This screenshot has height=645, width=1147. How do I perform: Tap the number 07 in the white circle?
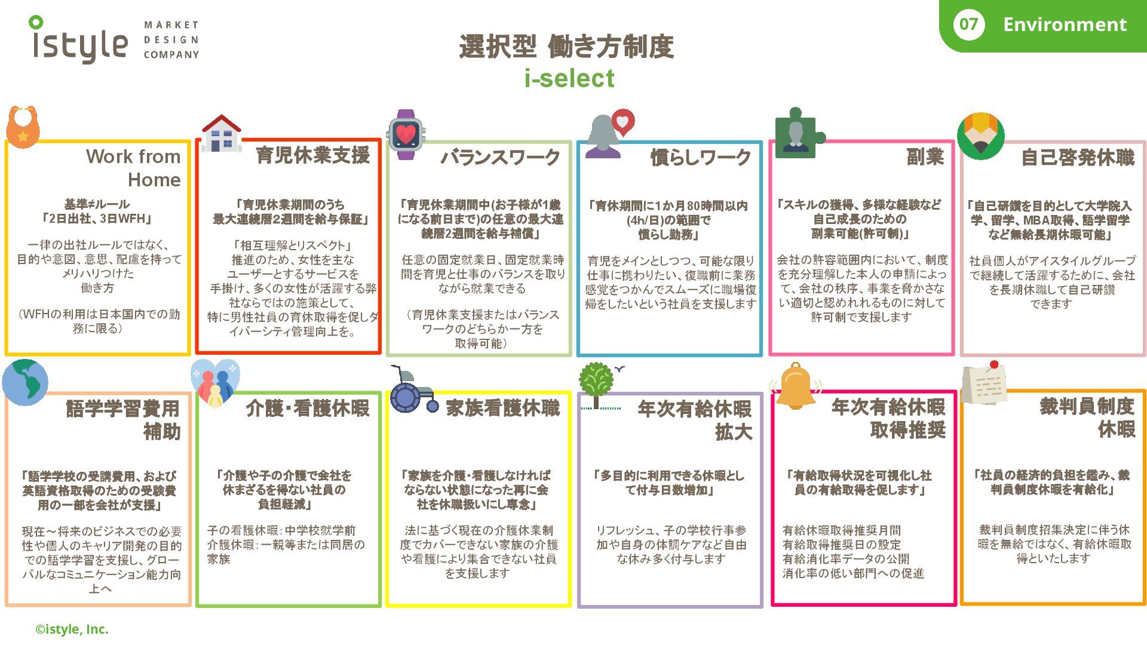coord(968,24)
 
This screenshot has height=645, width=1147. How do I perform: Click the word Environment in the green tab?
coord(1065,24)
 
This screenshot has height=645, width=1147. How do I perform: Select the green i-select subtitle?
coord(569,78)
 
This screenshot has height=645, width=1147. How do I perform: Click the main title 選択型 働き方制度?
coord(566,47)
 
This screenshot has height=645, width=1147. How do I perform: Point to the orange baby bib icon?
coord(23,127)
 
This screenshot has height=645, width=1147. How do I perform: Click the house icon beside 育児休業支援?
coord(222,133)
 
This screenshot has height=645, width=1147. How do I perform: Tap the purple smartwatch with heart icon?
coord(406,134)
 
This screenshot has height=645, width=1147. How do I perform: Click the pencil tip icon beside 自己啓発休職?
coord(980,136)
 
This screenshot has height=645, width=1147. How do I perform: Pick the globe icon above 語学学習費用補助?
coord(25,382)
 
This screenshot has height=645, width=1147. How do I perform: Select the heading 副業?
coord(925,156)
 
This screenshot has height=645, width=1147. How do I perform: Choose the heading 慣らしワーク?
coord(700,157)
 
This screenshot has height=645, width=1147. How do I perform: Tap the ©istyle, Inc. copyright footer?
coord(72,629)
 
